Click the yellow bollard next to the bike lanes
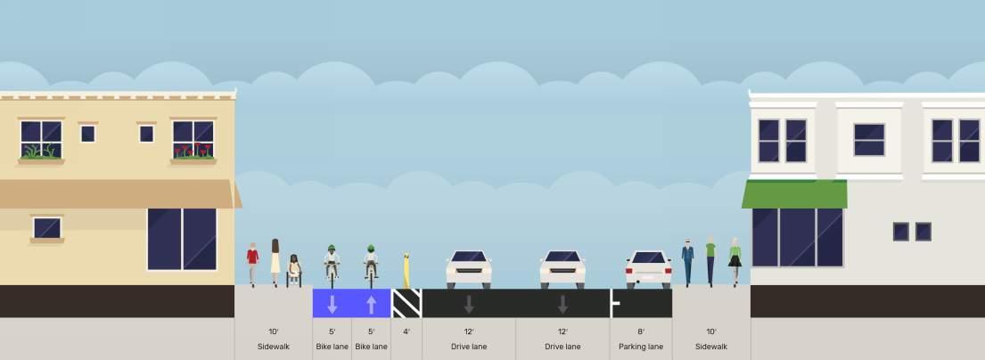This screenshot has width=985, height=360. click(406, 270)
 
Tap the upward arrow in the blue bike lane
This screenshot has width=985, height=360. click(371, 304)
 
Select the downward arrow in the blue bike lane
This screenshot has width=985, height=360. click(332, 304)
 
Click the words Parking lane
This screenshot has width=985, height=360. click(641, 346)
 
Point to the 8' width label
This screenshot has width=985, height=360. click(641, 331)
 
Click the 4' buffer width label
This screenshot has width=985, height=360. click(406, 331)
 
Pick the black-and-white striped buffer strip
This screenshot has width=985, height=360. click(406, 303)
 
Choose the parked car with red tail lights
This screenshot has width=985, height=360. click(648, 268)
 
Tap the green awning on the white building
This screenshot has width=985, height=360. click(795, 193)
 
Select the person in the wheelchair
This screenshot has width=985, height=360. click(294, 270)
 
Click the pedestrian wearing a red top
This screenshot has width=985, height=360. click(253, 264)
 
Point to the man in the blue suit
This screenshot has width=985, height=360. click(687, 261)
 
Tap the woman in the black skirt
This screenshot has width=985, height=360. click(735, 261)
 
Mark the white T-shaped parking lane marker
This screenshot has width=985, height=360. click(613, 303)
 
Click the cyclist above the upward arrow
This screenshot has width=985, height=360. click(371, 262)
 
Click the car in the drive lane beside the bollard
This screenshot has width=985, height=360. click(469, 268)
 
